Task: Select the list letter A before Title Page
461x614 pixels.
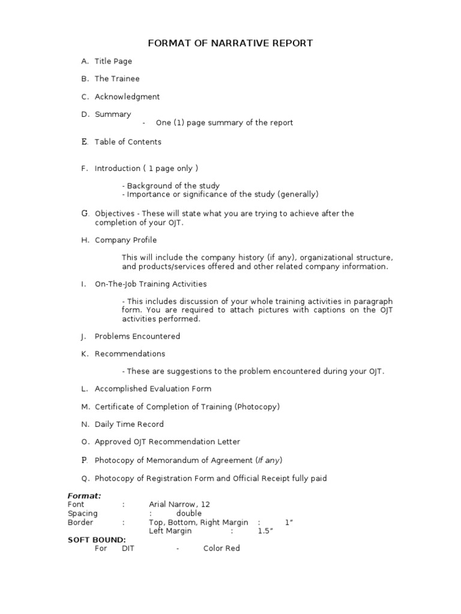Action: pyautogui.click(x=85, y=61)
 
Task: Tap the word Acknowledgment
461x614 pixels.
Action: pyautogui.click(x=127, y=97)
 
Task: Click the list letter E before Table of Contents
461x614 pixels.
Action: pyautogui.click(x=85, y=142)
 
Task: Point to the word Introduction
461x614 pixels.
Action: pyautogui.click(x=116, y=168)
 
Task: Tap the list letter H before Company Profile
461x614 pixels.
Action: pyautogui.click(x=85, y=240)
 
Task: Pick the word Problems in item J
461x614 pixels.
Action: pyautogui.click(x=112, y=336)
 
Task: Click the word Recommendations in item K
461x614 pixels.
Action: pyautogui.click(x=130, y=354)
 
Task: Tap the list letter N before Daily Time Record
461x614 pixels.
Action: pyautogui.click(x=85, y=425)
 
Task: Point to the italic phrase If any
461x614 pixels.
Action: pyautogui.click(x=269, y=460)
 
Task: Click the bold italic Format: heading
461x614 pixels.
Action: pyautogui.click(x=84, y=496)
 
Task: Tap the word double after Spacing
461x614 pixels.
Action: pyautogui.click(x=189, y=513)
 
